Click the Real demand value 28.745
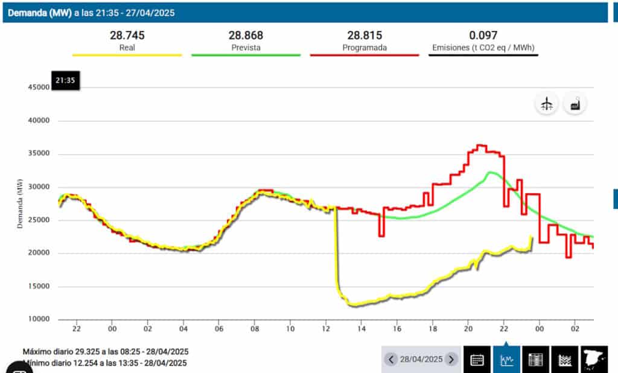(127, 36)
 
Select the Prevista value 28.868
(246, 36)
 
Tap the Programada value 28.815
(365, 36)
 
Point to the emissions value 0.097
(483, 36)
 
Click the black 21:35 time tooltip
(65, 81)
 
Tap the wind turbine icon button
(547, 104)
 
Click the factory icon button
(575, 104)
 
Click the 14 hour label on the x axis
(361, 329)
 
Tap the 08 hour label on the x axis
(255, 329)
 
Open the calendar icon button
(477, 360)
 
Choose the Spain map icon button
(594, 360)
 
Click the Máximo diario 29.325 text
(106, 351)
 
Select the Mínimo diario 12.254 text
(106, 363)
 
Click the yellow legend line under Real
(127, 55)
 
